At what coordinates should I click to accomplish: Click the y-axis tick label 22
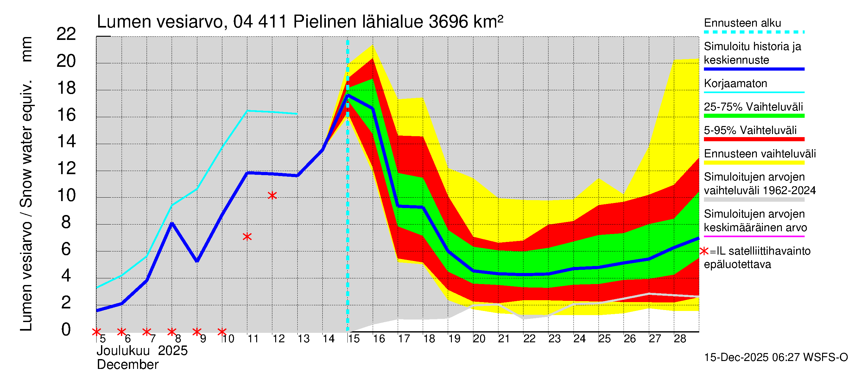tap(66, 34)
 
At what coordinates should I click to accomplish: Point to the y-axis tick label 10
tap(66, 195)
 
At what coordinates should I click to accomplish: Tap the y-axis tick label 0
tap(66, 330)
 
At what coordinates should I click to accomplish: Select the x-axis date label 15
tap(354, 339)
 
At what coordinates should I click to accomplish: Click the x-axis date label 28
tap(680, 339)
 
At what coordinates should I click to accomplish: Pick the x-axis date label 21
tap(504, 339)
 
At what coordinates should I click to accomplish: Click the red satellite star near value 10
tap(272, 195)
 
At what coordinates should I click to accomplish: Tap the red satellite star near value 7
tap(247, 237)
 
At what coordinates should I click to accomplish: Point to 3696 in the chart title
tap(449, 22)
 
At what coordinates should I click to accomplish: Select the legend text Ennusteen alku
tap(743, 23)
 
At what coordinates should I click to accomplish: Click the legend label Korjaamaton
tap(736, 83)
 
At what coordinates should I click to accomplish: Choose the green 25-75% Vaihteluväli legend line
tap(754, 116)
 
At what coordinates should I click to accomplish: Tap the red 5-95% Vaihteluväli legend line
tap(754, 139)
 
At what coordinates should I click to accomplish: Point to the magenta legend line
tap(754, 236)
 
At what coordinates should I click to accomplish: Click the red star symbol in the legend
tap(704, 251)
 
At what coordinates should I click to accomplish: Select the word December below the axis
tap(127, 365)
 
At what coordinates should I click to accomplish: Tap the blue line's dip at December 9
tap(197, 261)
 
